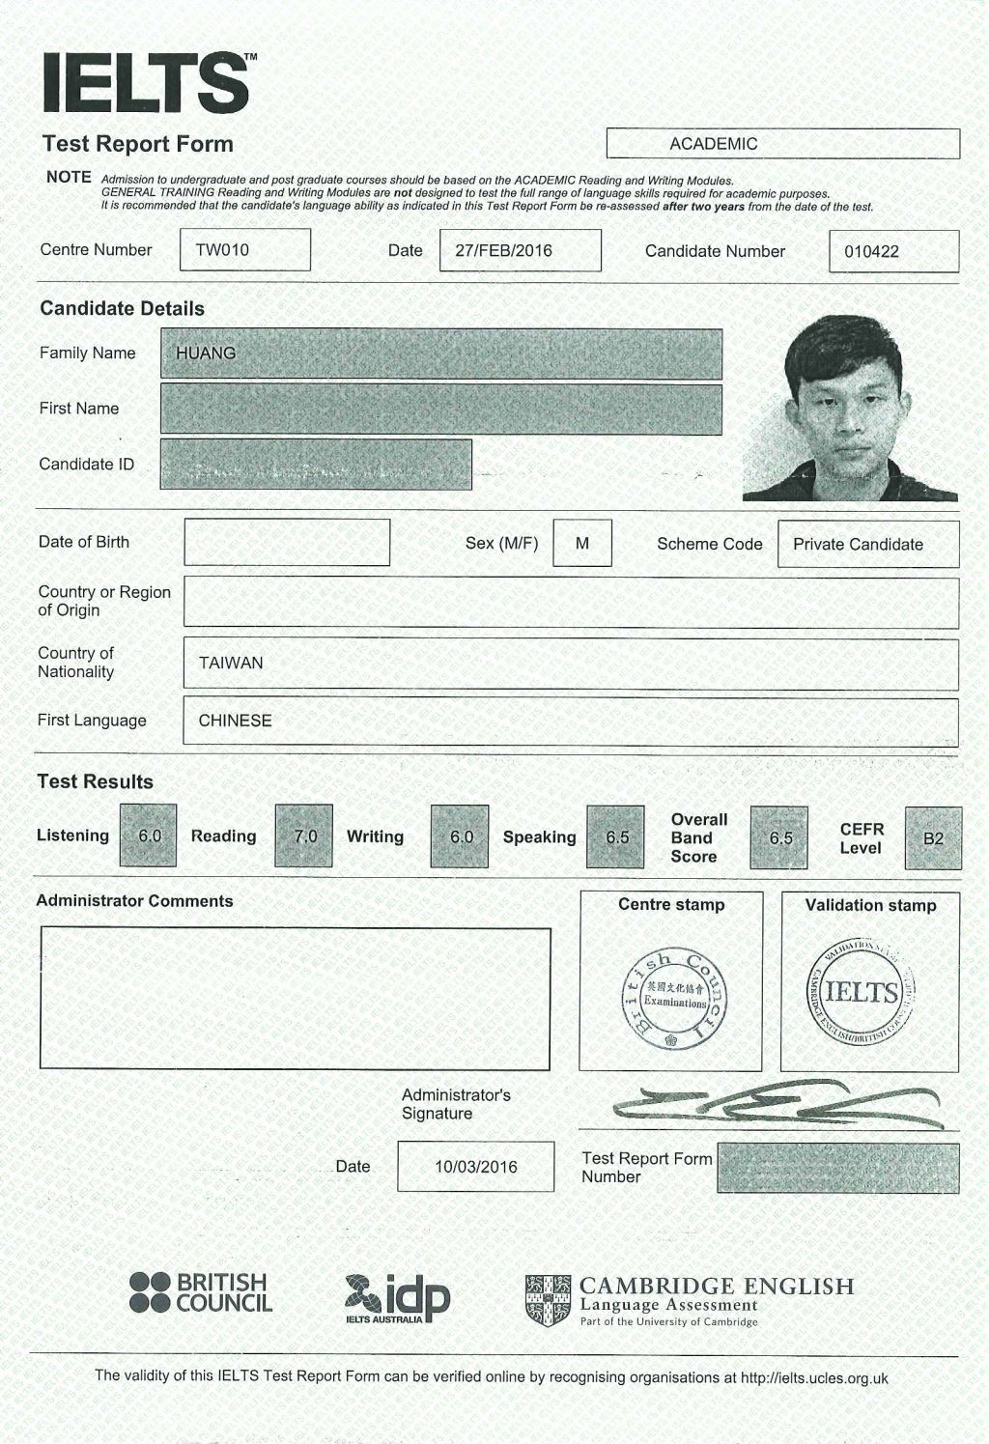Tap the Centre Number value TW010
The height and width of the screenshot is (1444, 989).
tap(223, 250)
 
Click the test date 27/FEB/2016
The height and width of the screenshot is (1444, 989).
tap(504, 251)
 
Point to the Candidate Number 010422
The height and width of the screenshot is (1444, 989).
tap(871, 252)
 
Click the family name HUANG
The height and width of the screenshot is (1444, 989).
tap(206, 354)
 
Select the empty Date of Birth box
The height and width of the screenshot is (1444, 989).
tap(287, 543)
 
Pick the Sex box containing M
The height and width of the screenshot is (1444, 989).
tap(582, 544)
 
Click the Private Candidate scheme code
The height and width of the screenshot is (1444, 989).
tap(858, 545)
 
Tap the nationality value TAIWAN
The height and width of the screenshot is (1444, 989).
tap(231, 664)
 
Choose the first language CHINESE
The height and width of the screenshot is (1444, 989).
tap(235, 722)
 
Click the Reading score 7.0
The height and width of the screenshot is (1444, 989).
tap(304, 836)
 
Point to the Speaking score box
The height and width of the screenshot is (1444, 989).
tap(616, 837)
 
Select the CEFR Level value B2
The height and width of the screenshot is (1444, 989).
tap(933, 838)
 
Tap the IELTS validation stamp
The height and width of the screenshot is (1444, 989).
tap(862, 992)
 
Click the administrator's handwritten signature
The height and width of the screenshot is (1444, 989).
tap(773, 1103)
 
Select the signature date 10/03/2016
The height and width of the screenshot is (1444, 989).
tap(475, 1167)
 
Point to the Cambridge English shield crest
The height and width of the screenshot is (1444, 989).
tap(548, 1300)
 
